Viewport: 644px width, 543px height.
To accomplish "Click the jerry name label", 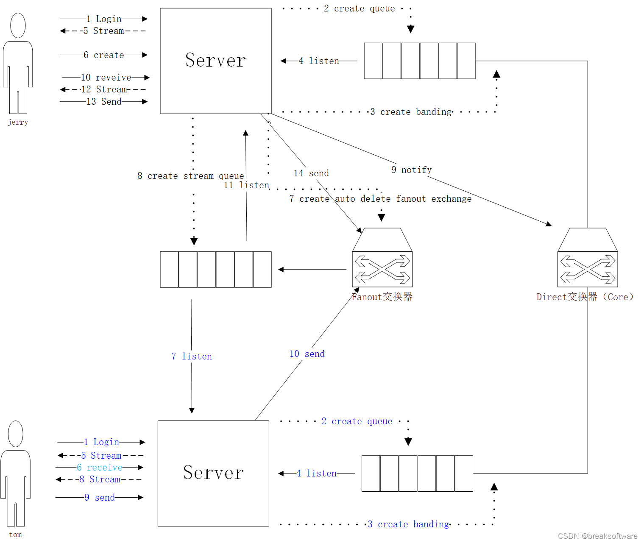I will (x=18, y=123).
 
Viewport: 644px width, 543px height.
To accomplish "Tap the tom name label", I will (x=16, y=535).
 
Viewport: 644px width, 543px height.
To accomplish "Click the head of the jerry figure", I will (x=18, y=25).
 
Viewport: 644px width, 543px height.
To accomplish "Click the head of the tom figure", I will (x=16, y=434).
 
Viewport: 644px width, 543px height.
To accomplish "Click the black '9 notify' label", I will (x=411, y=170).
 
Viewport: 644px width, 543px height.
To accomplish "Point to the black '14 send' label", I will (x=311, y=173).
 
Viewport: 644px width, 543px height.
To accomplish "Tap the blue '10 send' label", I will (x=307, y=354).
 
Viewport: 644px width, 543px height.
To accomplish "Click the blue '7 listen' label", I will (x=192, y=356).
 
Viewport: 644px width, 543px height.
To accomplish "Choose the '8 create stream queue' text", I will (x=190, y=176).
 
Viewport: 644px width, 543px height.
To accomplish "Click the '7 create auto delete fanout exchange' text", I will (x=380, y=199).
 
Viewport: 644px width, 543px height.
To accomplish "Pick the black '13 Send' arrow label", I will (x=104, y=102).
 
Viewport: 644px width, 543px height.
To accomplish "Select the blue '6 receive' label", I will (x=100, y=468).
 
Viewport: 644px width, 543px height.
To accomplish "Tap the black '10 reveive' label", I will (x=106, y=78).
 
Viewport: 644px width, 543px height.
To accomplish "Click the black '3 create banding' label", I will (x=411, y=112).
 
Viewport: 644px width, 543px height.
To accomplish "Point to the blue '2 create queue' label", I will (x=357, y=421).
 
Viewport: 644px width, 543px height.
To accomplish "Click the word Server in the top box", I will (x=215, y=60).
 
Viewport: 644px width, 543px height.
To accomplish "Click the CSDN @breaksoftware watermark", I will (x=597, y=536).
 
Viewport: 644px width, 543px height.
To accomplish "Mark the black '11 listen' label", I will (x=246, y=185).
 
